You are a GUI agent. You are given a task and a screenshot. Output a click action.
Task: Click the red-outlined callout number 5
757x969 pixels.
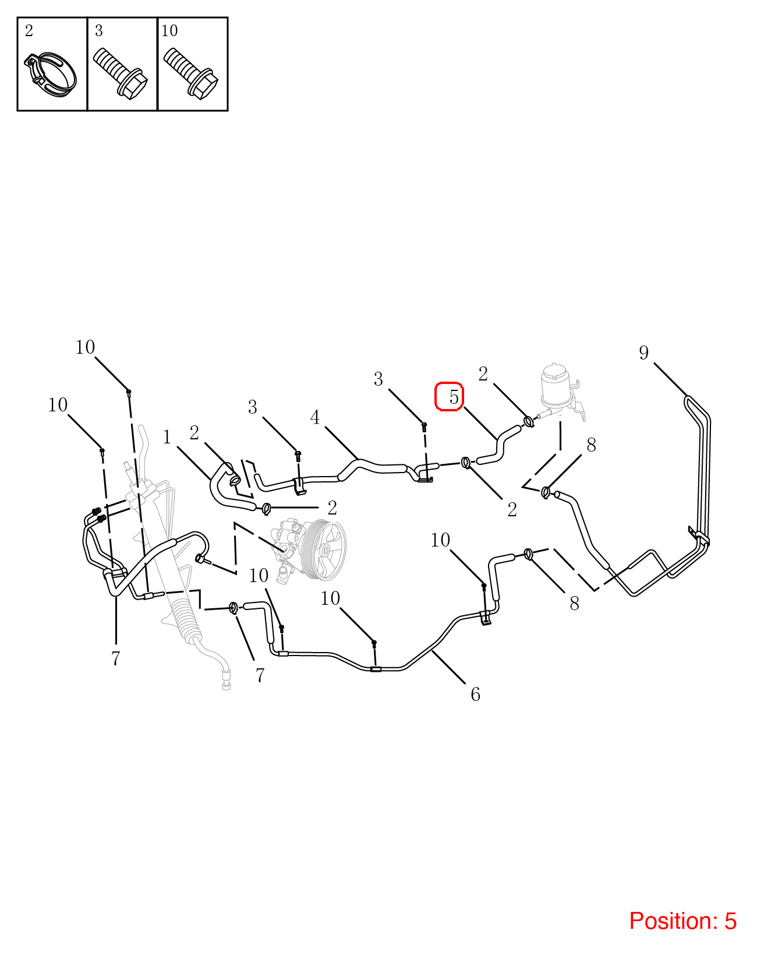tap(454, 396)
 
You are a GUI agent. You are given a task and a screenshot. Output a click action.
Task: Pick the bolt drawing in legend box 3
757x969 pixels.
tap(121, 73)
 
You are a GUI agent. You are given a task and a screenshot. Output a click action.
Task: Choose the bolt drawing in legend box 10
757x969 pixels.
tap(190, 73)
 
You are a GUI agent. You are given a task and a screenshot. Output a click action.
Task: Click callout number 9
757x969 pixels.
tap(643, 353)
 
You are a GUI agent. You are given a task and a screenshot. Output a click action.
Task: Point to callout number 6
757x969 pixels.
tap(475, 695)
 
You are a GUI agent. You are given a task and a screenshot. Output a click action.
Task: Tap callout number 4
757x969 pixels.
tap(315, 417)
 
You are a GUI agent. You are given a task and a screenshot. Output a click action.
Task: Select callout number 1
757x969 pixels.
tap(167, 437)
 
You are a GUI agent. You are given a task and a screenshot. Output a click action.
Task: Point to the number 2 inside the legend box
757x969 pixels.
tap(29, 31)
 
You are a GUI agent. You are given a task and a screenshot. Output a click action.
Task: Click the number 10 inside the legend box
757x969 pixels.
tap(169, 31)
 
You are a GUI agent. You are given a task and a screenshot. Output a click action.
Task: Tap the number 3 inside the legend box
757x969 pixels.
tap(99, 31)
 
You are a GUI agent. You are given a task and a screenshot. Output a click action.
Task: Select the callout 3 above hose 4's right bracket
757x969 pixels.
tap(378, 379)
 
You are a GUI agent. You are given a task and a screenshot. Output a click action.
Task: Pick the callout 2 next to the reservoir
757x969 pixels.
tap(483, 373)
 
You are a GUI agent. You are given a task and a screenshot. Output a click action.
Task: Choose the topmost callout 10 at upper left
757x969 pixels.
tap(84, 347)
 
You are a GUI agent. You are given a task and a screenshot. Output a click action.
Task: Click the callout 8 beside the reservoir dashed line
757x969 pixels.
tap(591, 445)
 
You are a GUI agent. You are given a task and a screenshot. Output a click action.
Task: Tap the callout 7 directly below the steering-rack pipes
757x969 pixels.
tap(116, 658)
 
